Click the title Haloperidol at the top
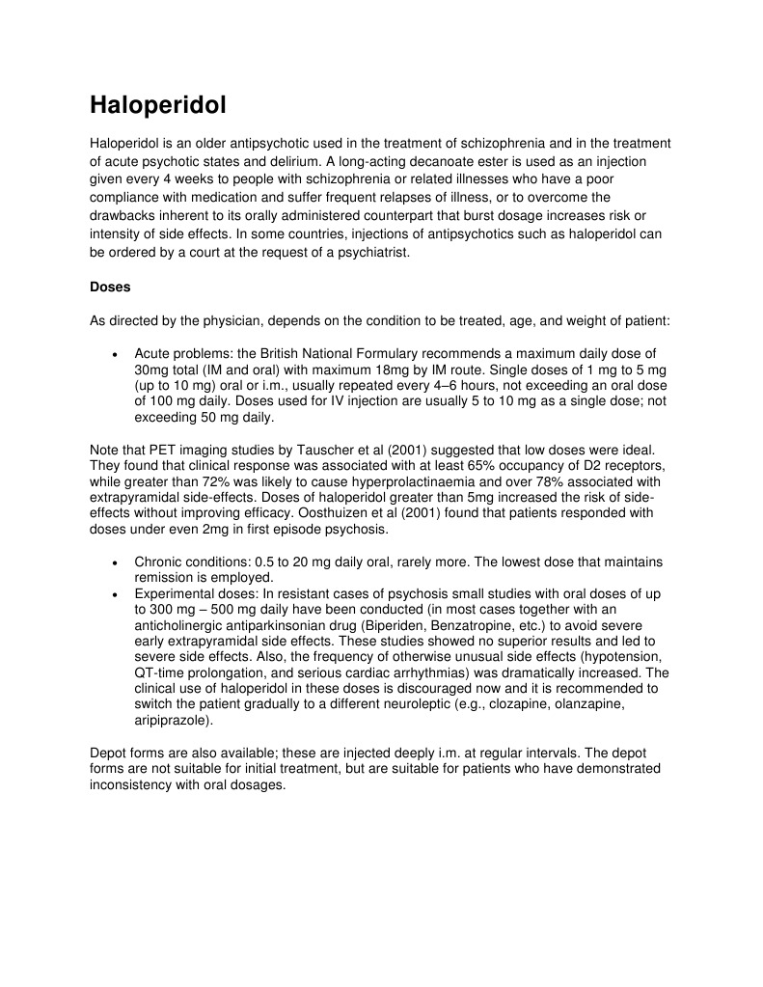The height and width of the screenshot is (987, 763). [x=158, y=105]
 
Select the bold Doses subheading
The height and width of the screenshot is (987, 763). [x=110, y=287]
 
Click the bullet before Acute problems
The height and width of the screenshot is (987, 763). [x=116, y=354]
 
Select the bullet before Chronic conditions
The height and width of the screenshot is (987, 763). [x=116, y=562]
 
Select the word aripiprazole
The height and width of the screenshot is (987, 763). [x=172, y=720]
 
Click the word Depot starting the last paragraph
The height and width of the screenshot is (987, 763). [x=108, y=753]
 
